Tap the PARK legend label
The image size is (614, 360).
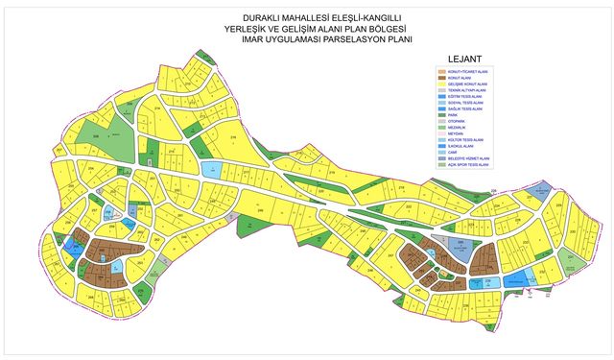click(x=455, y=116)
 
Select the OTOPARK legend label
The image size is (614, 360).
click(x=458, y=123)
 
